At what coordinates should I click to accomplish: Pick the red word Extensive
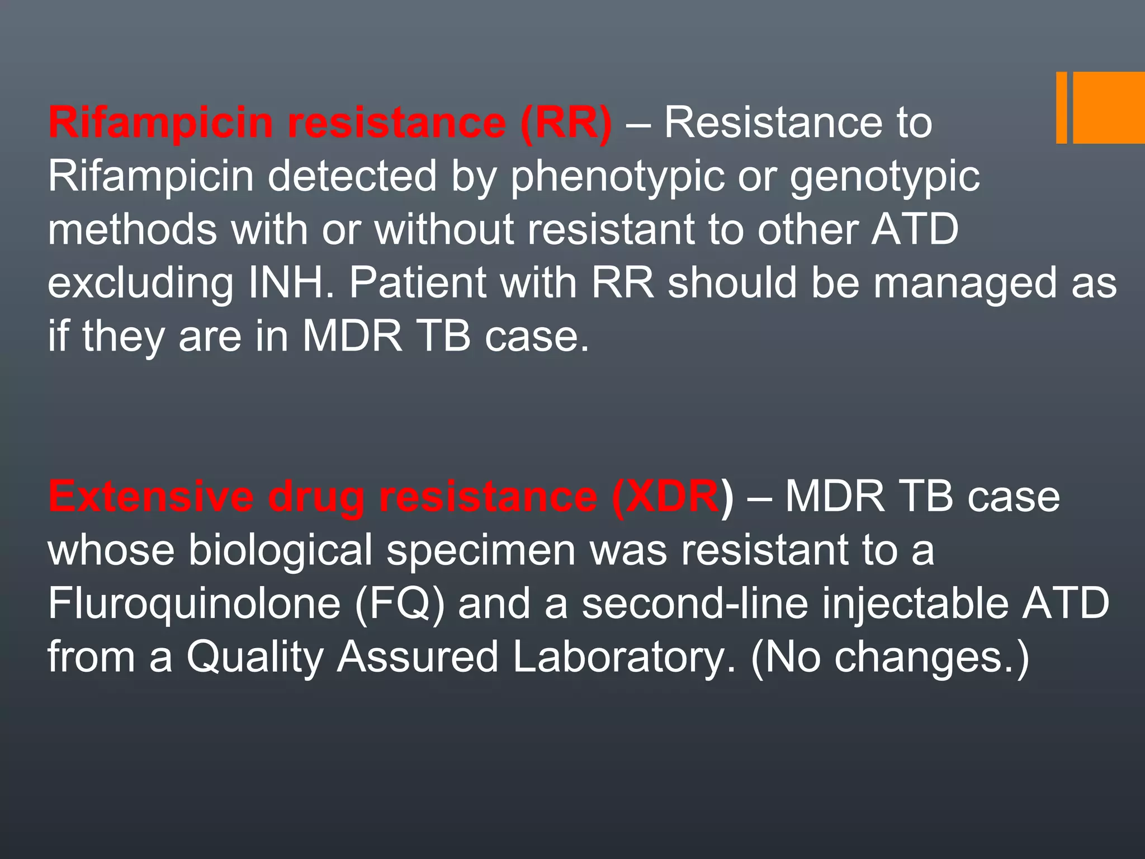pos(151,497)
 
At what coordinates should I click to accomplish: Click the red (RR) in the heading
pos(566,124)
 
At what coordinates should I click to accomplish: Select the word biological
pos(280,550)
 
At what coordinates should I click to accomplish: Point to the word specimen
pos(481,550)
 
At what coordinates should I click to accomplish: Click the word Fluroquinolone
pos(193,603)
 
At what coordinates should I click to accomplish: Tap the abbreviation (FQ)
pos(399,603)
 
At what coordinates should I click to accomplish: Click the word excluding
pos(140,283)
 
